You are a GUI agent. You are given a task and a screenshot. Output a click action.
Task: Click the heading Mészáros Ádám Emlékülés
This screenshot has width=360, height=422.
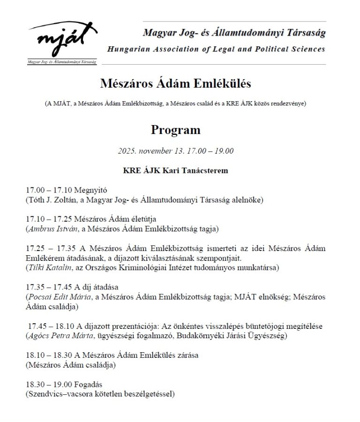click(x=176, y=84)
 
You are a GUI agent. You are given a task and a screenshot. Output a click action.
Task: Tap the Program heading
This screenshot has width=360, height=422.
click(x=175, y=130)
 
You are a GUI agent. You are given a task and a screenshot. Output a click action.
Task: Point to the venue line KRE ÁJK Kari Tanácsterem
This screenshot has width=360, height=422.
click(x=175, y=170)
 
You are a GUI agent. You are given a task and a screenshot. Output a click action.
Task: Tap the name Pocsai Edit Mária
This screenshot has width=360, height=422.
click(x=57, y=297)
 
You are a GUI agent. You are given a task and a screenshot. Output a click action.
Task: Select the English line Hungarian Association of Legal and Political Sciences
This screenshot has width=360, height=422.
click(x=216, y=49)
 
